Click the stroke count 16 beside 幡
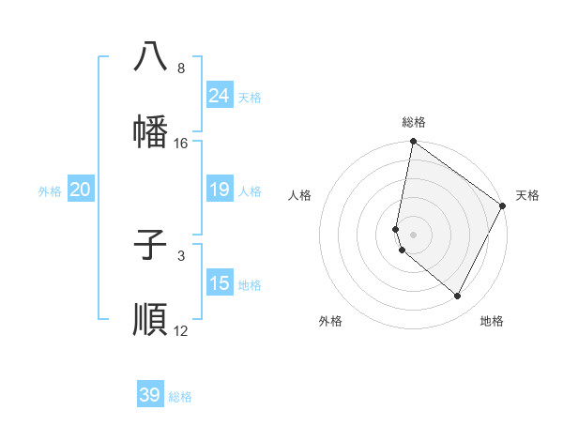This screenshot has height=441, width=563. tap(181, 144)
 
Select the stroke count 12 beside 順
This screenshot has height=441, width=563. tap(181, 331)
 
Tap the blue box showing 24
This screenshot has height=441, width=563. tap(219, 96)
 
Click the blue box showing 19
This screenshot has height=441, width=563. tap(219, 190)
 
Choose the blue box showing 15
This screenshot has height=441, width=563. tap(219, 283)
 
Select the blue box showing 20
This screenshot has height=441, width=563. tap(80, 190)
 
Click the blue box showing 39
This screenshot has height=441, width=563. tap(149, 395)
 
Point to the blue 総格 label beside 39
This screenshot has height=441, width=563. tap(180, 397)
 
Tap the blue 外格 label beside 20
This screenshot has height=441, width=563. tap(50, 191)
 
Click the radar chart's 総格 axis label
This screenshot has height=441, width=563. tap(414, 122)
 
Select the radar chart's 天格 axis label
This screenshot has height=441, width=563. tap(527, 195)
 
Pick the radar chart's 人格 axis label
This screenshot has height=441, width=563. tap(300, 195)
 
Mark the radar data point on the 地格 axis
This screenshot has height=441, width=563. tap(458, 297)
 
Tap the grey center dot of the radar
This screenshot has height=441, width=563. tap(414, 235)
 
